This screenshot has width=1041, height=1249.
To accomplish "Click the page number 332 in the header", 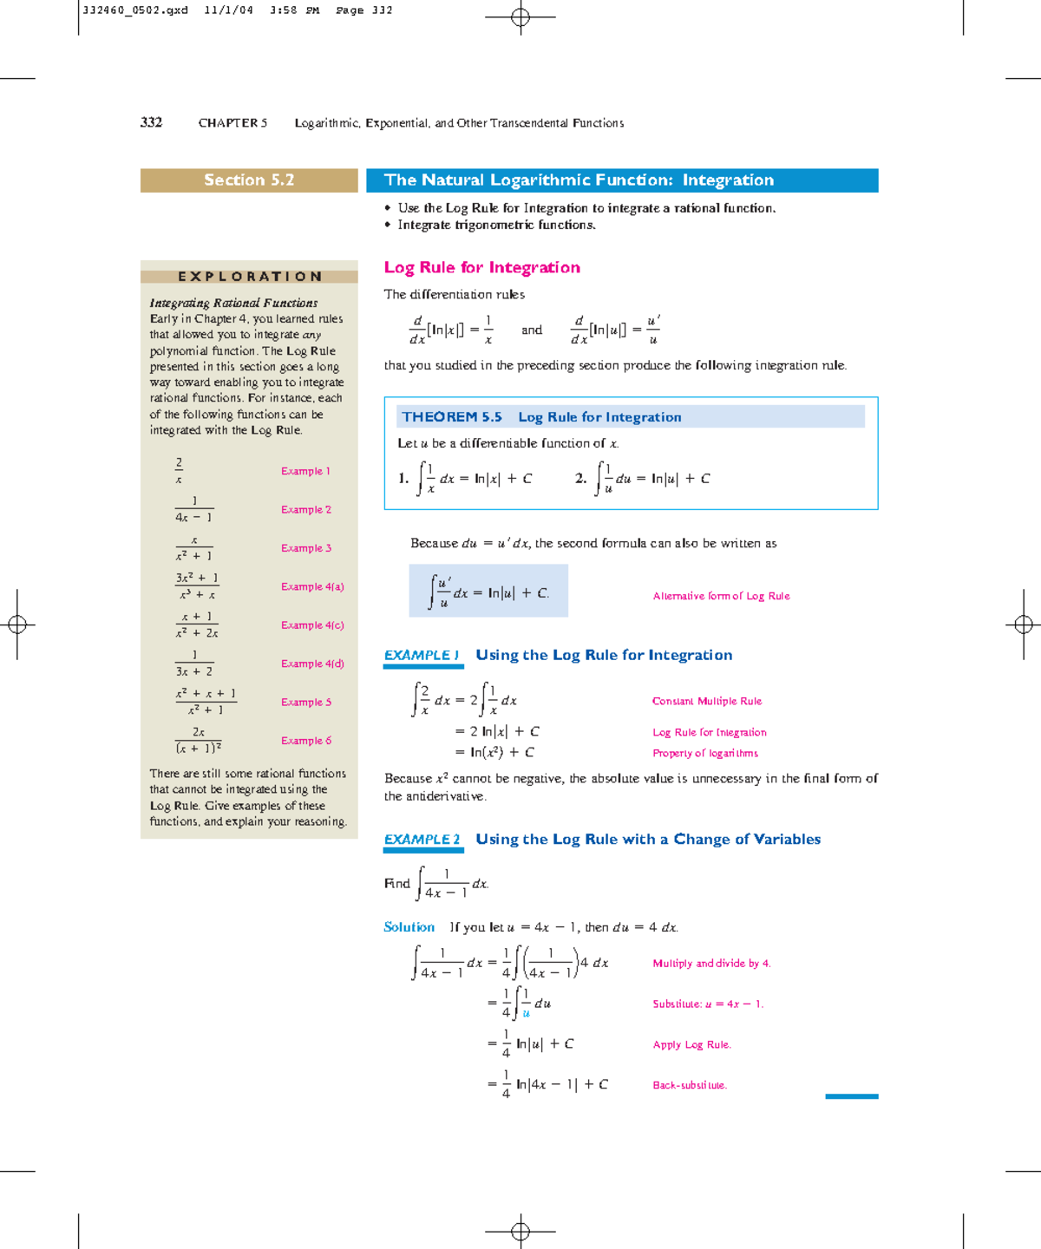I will (151, 122).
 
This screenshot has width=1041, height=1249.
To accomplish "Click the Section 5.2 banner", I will (249, 180).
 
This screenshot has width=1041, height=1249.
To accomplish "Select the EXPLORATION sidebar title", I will (250, 277).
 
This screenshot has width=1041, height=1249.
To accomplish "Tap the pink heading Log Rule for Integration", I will (481, 267).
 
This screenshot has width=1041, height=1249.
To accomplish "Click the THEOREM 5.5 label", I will (452, 417).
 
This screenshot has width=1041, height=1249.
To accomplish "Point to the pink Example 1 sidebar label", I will (305, 471).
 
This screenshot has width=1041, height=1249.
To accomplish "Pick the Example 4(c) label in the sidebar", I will (312, 625).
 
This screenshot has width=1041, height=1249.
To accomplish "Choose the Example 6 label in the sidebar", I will (305, 741).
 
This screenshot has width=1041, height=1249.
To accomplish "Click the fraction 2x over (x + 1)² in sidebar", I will (199, 740).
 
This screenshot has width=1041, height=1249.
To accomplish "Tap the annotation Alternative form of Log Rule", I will (721, 596).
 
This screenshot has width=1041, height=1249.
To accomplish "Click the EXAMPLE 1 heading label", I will (422, 656).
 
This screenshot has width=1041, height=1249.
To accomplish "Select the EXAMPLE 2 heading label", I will (422, 840).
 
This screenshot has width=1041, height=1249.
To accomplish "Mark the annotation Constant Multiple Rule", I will (707, 701).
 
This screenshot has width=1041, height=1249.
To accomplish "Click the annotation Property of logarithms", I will (705, 753).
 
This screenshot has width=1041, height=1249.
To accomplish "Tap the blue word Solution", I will (409, 927).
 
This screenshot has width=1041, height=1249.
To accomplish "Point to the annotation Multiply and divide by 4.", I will (711, 964).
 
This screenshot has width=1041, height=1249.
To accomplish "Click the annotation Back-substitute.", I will (690, 1085).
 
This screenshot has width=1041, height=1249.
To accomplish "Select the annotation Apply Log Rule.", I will (691, 1044).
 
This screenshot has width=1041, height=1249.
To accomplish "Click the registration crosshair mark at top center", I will (520, 16).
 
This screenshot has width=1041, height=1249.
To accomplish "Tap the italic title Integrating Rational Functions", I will (233, 303).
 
